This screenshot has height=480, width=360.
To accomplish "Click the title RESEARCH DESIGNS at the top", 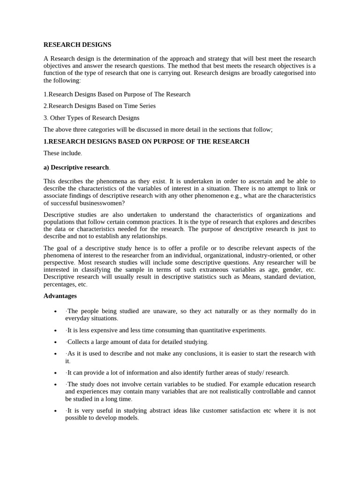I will point(77,45).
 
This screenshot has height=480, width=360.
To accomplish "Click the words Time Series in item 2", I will point(139,106).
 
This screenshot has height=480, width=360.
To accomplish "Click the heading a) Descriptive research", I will point(76,167).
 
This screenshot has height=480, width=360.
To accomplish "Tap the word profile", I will point(195,248).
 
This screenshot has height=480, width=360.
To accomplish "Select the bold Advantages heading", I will point(60,296).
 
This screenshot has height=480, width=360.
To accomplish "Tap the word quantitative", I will point(213,330).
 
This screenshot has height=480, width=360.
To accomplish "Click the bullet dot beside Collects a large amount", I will point(56,342).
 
